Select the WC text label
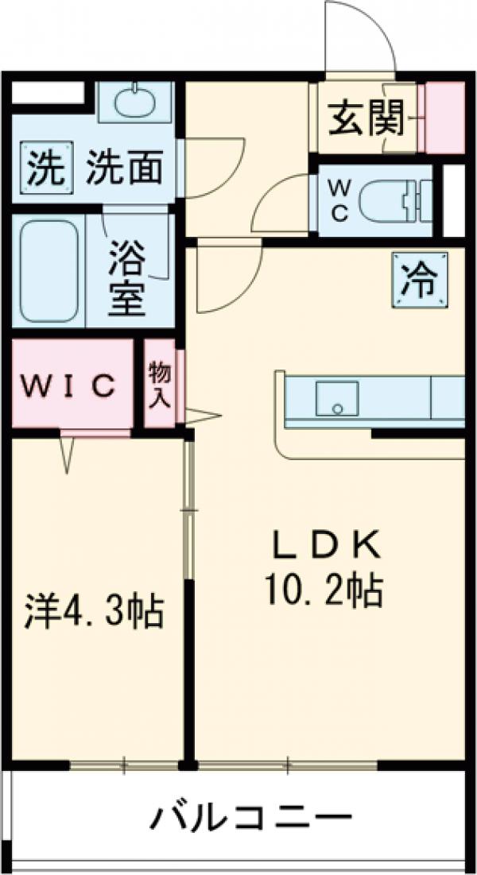[x=339, y=201]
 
